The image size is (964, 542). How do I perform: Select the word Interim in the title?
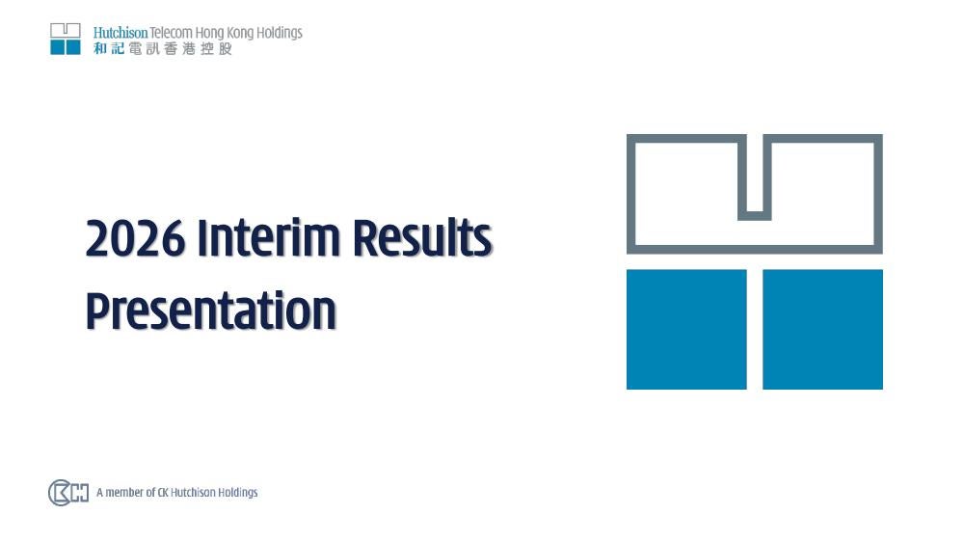click(268, 237)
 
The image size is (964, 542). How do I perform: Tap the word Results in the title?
click(422, 237)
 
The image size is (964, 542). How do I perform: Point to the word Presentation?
click(211, 312)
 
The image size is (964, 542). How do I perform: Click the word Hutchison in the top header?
click(120, 33)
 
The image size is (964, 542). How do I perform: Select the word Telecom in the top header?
click(171, 33)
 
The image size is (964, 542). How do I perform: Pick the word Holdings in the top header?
click(280, 33)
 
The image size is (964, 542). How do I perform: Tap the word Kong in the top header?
click(240, 33)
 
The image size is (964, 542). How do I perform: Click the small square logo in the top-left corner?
click(66, 39)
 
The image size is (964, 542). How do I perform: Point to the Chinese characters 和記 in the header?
click(110, 48)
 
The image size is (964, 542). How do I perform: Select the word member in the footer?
click(125, 492)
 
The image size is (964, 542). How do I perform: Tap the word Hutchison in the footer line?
click(193, 492)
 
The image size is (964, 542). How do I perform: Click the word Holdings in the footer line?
click(238, 493)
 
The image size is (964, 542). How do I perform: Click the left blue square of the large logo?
click(686, 329)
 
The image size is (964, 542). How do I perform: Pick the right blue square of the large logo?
click(822, 329)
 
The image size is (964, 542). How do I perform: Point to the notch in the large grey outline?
click(755, 215)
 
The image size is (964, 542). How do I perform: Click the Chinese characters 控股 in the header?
click(216, 48)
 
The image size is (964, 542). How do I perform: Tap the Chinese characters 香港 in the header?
click(180, 48)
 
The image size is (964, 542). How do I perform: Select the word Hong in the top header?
click(209, 33)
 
